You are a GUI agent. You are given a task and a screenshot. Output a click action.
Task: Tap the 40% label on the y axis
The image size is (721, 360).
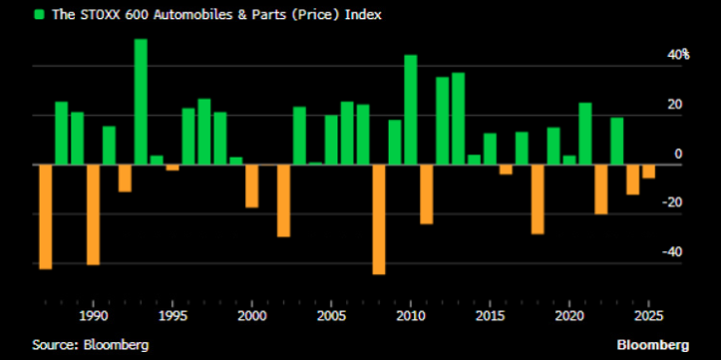679,55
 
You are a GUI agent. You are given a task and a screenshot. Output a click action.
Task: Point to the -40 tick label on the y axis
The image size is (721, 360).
675,252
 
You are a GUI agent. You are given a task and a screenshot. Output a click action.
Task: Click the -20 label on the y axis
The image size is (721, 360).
675,203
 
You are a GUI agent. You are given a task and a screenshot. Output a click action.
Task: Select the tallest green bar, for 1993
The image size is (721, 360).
141,101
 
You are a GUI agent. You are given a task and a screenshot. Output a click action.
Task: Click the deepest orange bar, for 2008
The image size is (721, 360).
379,218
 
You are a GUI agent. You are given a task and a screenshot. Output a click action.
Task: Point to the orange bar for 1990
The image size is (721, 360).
93,213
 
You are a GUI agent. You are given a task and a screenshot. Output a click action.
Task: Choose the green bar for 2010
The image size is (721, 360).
410,109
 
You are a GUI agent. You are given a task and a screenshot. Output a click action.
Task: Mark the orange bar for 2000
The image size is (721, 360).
251,185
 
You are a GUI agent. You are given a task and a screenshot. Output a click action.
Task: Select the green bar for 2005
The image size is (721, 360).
331,140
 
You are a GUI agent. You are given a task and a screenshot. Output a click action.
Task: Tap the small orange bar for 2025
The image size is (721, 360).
648,171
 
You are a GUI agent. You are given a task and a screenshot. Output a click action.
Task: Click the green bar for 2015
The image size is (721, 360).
490,149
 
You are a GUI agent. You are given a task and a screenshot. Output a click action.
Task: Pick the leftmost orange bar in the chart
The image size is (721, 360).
45,216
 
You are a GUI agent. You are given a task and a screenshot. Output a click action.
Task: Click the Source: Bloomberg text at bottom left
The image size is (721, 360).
90,344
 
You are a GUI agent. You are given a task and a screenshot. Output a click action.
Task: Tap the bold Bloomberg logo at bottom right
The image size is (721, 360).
652,344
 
